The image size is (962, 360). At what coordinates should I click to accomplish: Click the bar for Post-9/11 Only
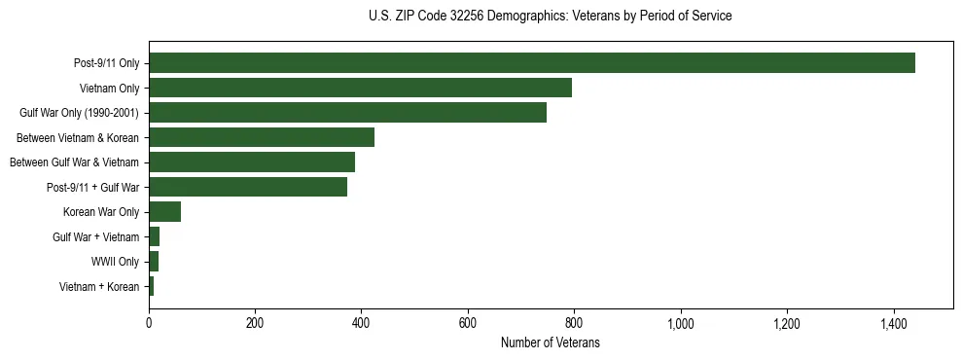[x=531, y=63]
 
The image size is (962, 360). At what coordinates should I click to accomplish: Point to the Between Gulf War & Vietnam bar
[x=252, y=162]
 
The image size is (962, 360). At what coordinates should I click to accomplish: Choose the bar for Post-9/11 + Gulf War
[x=248, y=187]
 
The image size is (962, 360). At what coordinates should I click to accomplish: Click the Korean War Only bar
[x=164, y=212]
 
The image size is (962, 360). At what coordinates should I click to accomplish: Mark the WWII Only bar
[x=154, y=262]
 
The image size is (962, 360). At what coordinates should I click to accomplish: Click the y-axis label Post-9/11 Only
[x=107, y=63]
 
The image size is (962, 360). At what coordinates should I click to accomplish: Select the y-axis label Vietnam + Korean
[x=99, y=287]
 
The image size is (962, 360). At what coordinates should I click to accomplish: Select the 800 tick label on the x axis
[x=574, y=322]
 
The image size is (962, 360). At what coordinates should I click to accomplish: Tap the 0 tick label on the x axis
[x=149, y=322]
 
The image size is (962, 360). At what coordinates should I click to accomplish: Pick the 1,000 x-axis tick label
[x=680, y=322]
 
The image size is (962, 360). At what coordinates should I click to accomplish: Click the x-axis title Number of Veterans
[x=550, y=343]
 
